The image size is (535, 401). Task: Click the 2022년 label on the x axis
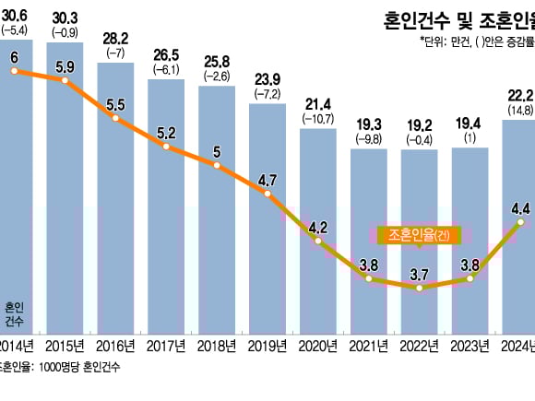[x=418, y=346]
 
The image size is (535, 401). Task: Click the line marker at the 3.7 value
[x=419, y=288]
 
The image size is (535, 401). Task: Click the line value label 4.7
[x=267, y=181]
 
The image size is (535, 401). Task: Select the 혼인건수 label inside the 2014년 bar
[x=15, y=314]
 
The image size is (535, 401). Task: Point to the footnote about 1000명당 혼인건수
[x=60, y=366]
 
